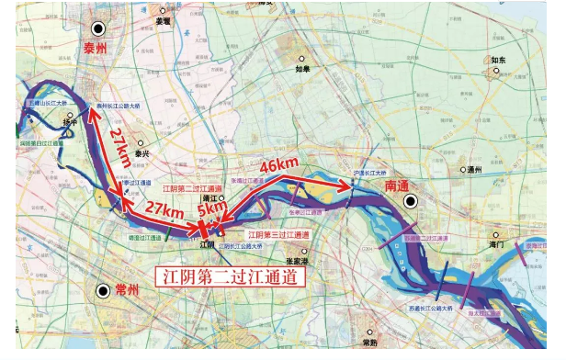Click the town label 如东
499,60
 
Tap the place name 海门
497,246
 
